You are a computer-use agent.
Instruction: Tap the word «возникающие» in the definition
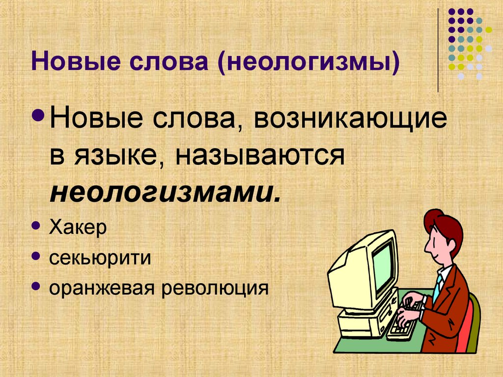pos(351,121)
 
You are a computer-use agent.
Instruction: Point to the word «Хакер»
pos(78,228)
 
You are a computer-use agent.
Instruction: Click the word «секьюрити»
pos(99,258)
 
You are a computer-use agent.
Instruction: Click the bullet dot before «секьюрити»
pos(36,255)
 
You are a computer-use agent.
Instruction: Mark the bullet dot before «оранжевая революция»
pos(36,285)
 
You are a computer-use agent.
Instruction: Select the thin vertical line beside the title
pos(438,49)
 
